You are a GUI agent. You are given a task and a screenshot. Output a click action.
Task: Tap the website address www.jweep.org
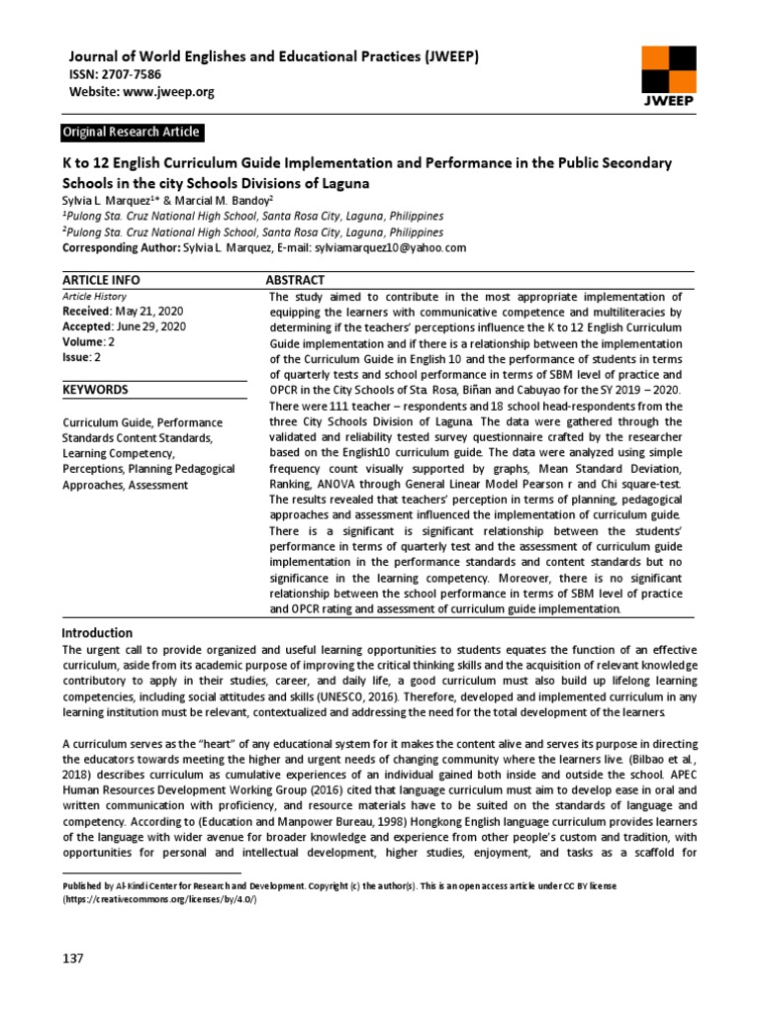click(171, 92)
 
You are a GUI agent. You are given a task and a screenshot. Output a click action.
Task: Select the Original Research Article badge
click(131, 132)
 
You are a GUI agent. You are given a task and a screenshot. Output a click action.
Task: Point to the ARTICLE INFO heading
click(100, 281)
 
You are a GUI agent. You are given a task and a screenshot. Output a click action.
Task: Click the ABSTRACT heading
click(297, 281)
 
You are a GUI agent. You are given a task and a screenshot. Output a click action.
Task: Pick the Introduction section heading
click(97, 633)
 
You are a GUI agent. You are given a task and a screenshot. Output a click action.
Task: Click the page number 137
click(73, 959)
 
